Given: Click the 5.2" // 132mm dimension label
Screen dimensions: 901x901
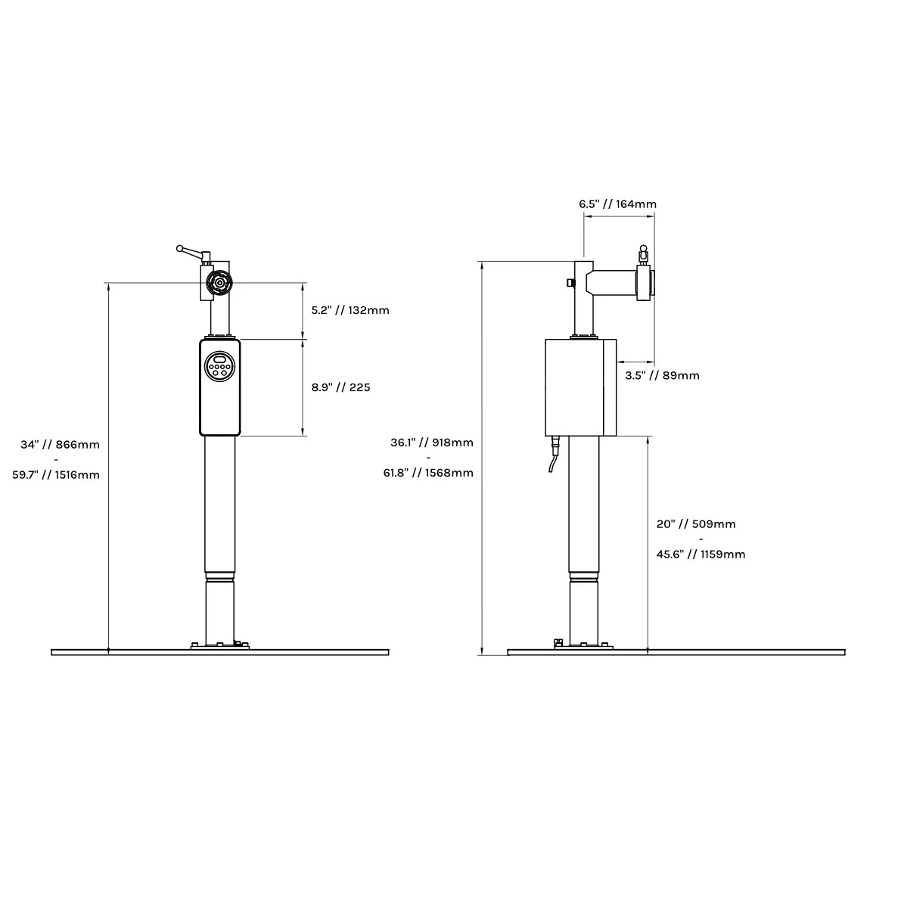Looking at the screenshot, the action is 350,310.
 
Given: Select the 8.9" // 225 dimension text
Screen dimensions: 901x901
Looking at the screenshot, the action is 340,387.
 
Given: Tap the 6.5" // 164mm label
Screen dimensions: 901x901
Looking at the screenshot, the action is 618,204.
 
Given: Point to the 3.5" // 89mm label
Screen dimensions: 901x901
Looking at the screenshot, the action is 663,376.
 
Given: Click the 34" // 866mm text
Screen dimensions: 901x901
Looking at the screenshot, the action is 61,445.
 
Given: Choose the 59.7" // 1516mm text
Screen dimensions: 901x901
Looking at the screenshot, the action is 56,475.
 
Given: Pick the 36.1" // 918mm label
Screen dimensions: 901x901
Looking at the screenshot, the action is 432,443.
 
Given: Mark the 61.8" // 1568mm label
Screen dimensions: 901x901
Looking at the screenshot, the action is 429,473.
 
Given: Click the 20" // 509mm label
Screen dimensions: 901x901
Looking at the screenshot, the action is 696,524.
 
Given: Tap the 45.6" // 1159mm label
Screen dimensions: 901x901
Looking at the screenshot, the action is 701,555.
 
